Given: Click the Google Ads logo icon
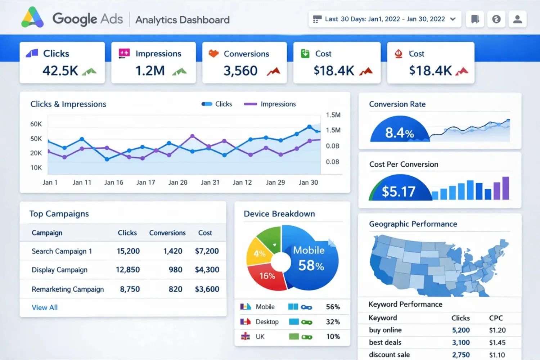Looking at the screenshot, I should pyautogui.click(x=32, y=18).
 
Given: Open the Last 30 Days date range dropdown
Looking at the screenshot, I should pyautogui.click(x=384, y=19).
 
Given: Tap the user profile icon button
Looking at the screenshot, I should pyautogui.click(x=517, y=19).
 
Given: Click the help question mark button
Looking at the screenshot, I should pyautogui.click(x=496, y=19).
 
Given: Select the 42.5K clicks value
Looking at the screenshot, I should pyautogui.click(x=60, y=71).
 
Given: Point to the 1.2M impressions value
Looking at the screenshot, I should pyautogui.click(x=150, y=71).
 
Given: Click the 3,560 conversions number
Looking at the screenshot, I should pyautogui.click(x=240, y=71).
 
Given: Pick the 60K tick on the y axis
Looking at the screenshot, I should pyautogui.click(x=36, y=124).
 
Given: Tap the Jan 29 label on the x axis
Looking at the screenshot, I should pyautogui.click(x=275, y=183).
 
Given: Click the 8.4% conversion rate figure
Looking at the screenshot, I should pyautogui.click(x=399, y=133).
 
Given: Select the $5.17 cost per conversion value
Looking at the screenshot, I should pyautogui.click(x=399, y=192).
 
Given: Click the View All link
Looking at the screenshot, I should pyautogui.click(x=45, y=307).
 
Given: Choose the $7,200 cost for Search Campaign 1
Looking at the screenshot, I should pyautogui.click(x=207, y=251).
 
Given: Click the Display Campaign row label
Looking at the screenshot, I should pyautogui.click(x=59, y=270).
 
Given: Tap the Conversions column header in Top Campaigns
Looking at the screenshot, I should pyautogui.click(x=167, y=233).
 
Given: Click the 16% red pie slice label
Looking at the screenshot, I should pyautogui.click(x=267, y=276).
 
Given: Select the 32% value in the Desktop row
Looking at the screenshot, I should pyautogui.click(x=333, y=322).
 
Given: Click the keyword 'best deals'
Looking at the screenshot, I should pyautogui.click(x=385, y=342).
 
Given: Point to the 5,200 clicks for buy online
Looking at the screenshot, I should pyautogui.click(x=461, y=330).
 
